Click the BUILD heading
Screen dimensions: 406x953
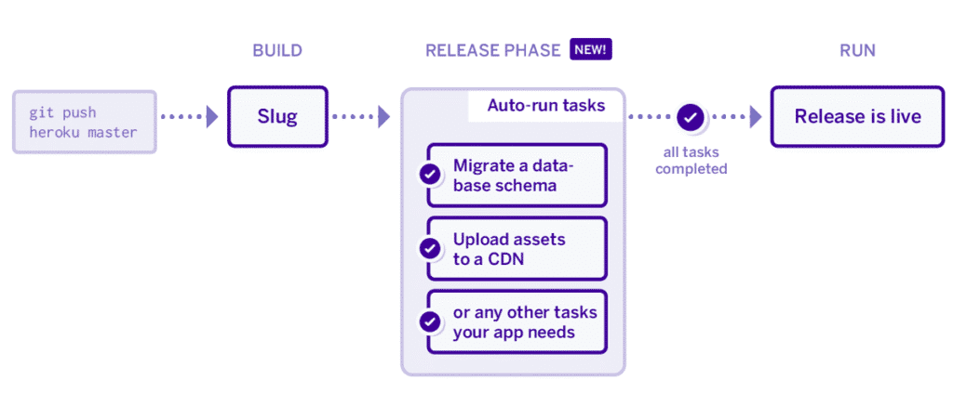pyautogui.click(x=277, y=50)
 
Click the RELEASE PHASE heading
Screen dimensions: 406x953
pyautogui.click(x=493, y=50)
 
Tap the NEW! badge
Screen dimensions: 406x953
pyautogui.click(x=591, y=50)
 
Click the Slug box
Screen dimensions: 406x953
pyautogui.click(x=277, y=116)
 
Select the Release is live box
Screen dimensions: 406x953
pyautogui.click(x=857, y=116)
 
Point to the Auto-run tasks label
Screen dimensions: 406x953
pyautogui.click(x=545, y=106)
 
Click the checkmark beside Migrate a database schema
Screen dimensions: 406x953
pyautogui.click(x=429, y=175)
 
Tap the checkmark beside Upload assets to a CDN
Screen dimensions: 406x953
pyautogui.click(x=429, y=249)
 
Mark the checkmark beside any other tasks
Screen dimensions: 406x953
pyautogui.click(x=429, y=321)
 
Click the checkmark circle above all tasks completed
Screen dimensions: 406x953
pyautogui.click(x=691, y=117)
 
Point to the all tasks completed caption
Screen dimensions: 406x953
pyautogui.click(x=691, y=160)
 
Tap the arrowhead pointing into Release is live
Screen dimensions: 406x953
pyautogui.click(x=755, y=117)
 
